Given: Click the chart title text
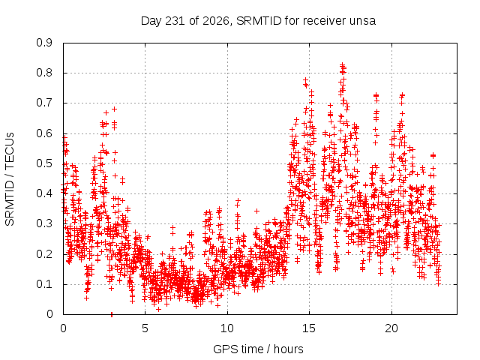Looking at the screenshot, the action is pos(258,21).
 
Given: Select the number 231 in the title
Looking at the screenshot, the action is pos(175,21).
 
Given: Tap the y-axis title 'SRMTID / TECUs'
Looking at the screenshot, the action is pos(10,179).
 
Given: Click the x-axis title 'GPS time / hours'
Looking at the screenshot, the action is pos(258,349).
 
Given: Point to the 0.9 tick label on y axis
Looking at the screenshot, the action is pos(44,43).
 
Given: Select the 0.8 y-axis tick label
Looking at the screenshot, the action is pos(44,73).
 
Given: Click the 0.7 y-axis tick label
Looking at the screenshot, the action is pos(44,103).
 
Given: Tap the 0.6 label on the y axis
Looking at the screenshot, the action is pos(44,133).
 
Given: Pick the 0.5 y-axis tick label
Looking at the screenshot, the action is pos(44,163).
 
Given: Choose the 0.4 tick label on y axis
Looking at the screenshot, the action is pos(44,193).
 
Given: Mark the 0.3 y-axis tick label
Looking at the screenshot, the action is pos(44,223).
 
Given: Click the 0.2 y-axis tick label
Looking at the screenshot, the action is pos(44,254).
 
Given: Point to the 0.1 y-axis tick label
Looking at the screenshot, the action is pos(44,284).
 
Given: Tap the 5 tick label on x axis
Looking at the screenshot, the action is pos(145,328).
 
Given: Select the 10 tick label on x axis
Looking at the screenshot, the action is pos(227,328).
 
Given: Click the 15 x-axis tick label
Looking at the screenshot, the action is pos(309,328).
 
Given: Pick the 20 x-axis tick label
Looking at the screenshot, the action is pos(391,328).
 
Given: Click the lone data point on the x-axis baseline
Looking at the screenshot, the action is pos(112,314).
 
